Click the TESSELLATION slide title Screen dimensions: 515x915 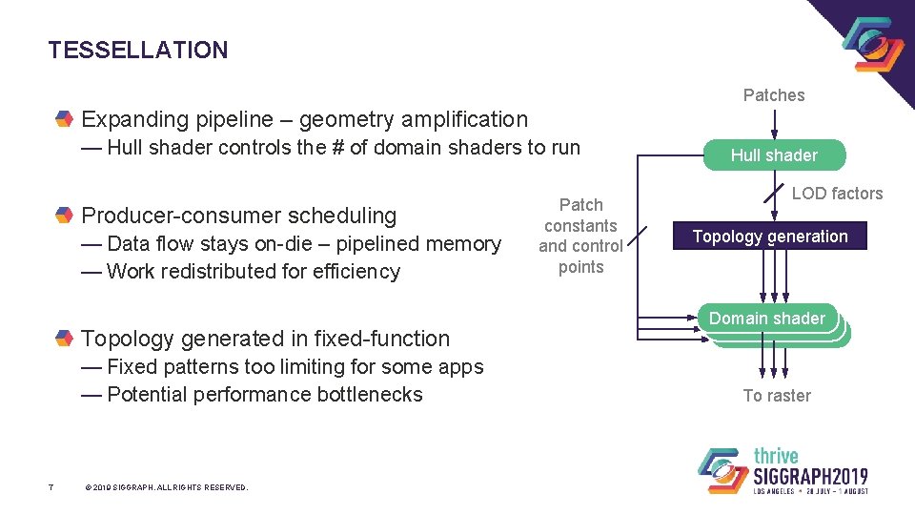coord(138,51)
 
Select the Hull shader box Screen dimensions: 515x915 coord(774,155)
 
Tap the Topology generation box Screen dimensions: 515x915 coord(770,237)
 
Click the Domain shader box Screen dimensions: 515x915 coord(767,319)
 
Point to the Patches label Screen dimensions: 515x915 coord(774,95)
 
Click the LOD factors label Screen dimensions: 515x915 coord(837,194)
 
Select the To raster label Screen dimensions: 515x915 coord(777,396)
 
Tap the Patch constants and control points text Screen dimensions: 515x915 coord(580,236)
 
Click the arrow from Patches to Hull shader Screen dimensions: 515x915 coord(774,124)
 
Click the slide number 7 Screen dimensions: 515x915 coord(52,487)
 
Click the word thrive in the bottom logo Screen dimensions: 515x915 coord(776,456)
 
